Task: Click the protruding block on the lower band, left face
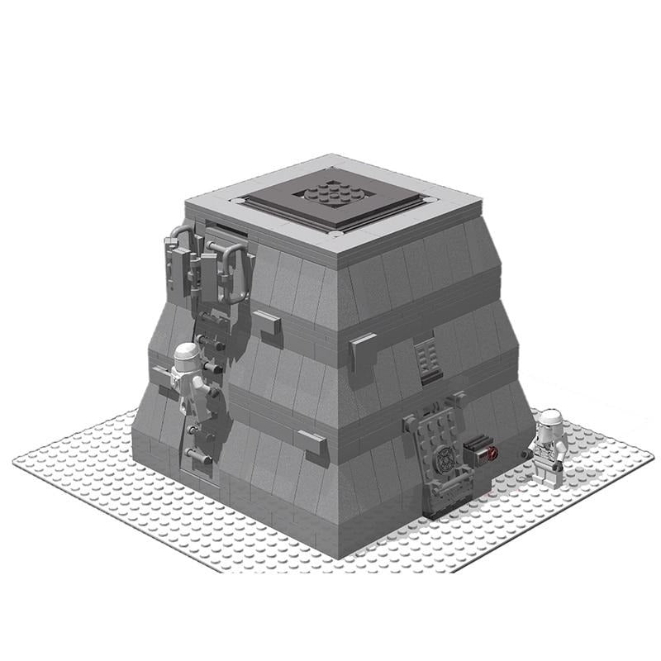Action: click(x=311, y=443)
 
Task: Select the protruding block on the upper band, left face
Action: click(x=265, y=322)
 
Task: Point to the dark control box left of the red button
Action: click(x=474, y=450)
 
